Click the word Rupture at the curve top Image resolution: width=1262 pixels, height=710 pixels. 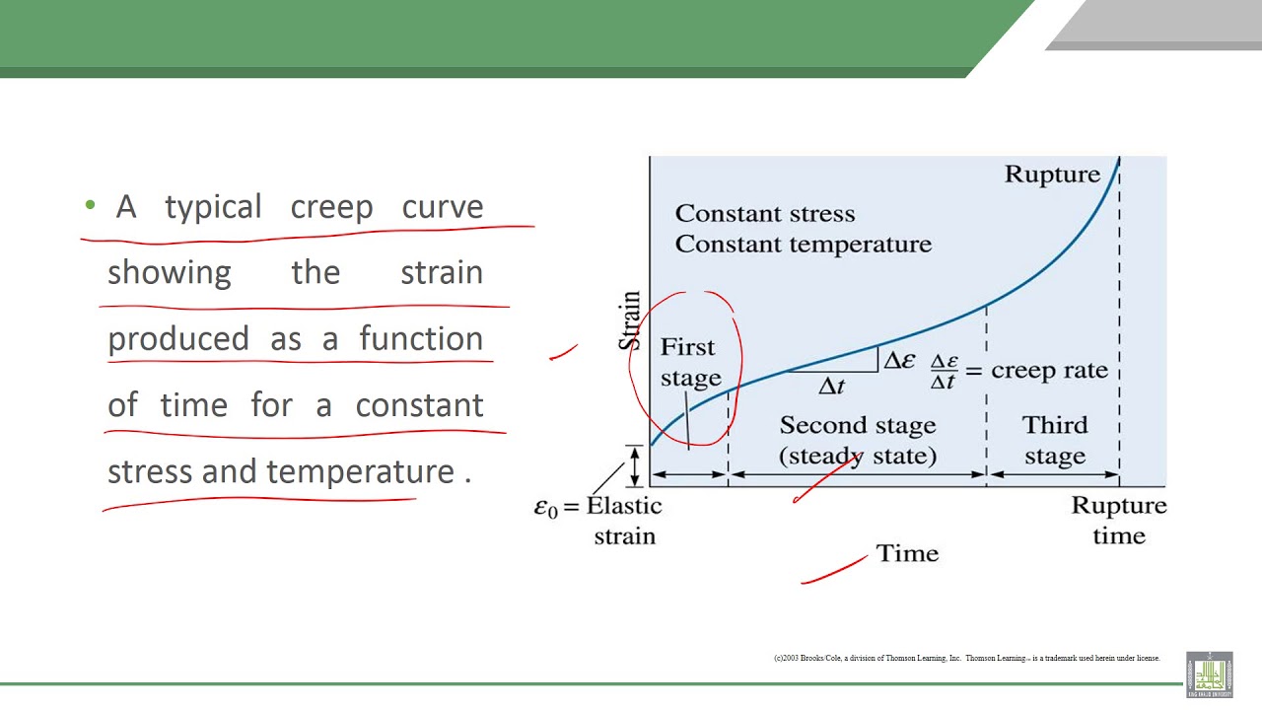pyautogui.click(x=1052, y=175)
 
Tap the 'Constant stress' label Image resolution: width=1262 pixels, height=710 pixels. pyautogui.click(x=765, y=214)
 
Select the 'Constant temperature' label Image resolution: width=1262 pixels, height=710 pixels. pyautogui.click(x=803, y=244)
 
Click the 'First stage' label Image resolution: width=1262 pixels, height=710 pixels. pyautogui.click(x=690, y=362)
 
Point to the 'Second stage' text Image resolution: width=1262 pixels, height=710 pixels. pyautogui.click(x=857, y=425)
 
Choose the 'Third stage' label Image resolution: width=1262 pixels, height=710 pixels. pyautogui.click(x=1054, y=440)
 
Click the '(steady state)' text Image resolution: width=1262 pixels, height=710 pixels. pyautogui.click(x=857, y=456)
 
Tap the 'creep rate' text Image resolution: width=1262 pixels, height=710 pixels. pyautogui.click(x=1049, y=371)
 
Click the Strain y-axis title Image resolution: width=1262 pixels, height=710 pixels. pyautogui.click(x=630, y=320)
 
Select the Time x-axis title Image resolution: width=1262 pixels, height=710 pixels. pyautogui.click(x=907, y=553)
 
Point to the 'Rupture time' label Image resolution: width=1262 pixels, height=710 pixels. pyautogui.click(x=1118, y=521)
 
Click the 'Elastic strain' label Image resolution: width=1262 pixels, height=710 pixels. pyautogui.click(x=624, y=521)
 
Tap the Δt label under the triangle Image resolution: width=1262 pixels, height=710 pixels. pyautogui.click(x=831, y=386)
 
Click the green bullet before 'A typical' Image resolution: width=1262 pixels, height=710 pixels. pyautogui.click(x=91, y=206)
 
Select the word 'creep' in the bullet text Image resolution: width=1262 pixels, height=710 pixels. pyautogui.click(x=331, y=207)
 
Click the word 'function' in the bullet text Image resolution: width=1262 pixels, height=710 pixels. pyautogui.click(x=421, y=338)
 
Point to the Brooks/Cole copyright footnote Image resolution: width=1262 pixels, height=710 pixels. pyautogui.click(x=966, y=658)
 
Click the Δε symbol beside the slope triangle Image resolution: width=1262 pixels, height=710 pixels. pyautogui.click(x=899, y=360)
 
